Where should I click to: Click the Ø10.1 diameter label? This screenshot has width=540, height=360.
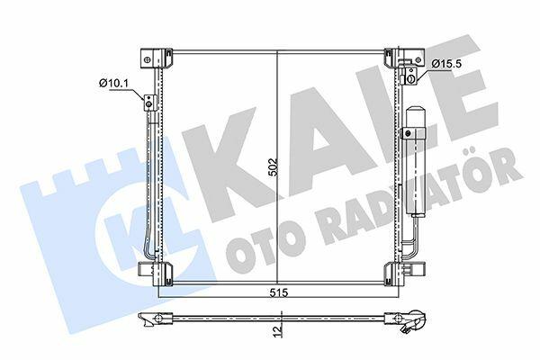(109, 83)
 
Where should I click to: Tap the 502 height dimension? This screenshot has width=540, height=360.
(273, 167)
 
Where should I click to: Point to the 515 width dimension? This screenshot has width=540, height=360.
(278, 292)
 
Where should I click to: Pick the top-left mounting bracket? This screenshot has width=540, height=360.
(157, 58)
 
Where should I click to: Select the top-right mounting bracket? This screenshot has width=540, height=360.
(404, 58)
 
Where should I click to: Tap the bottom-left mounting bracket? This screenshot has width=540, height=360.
(155, 272)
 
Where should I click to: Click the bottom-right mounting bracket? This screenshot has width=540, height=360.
(403, 272)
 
